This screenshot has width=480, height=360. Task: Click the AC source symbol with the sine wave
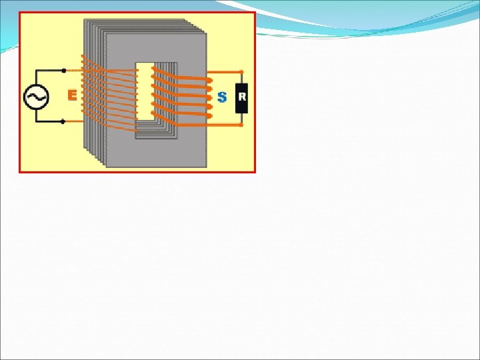(36, 97)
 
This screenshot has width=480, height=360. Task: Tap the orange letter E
(72, 95)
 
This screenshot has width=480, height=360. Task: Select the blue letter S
(222, 97)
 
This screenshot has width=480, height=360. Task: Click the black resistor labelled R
(241, 97)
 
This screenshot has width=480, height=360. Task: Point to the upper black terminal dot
(63, 70)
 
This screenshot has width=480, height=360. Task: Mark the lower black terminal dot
(63, 122)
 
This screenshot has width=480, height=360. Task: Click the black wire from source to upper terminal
(47, 70)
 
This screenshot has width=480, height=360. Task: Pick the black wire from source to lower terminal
(47, 122)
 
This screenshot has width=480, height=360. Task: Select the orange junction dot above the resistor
(241, 71)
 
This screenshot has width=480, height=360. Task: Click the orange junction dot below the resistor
(241, 125)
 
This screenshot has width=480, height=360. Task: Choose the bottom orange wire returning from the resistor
(227, 125)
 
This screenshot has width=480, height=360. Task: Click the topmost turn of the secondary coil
(180, 69)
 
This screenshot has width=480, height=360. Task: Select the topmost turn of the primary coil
(107, 61)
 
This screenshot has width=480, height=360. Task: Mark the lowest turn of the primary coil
(110, 127)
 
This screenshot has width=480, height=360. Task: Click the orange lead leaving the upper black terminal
(73, 70)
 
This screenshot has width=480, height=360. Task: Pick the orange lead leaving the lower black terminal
(73, 122)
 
